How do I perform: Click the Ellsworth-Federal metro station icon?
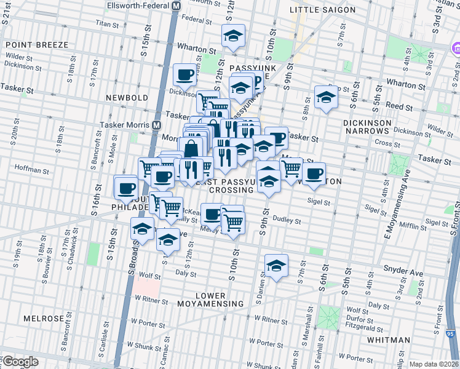click(175, 5)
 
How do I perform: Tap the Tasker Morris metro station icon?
click(157, 125)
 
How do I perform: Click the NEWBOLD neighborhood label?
click(127, 98)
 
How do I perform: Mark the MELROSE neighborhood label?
click(44, 319)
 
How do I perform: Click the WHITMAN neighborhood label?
click(388, 339)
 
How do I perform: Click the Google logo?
click(20, 362)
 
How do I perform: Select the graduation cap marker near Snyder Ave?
click(276, 266)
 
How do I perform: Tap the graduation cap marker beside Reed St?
click(325, 97)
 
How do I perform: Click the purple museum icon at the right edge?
click(456, 49)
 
